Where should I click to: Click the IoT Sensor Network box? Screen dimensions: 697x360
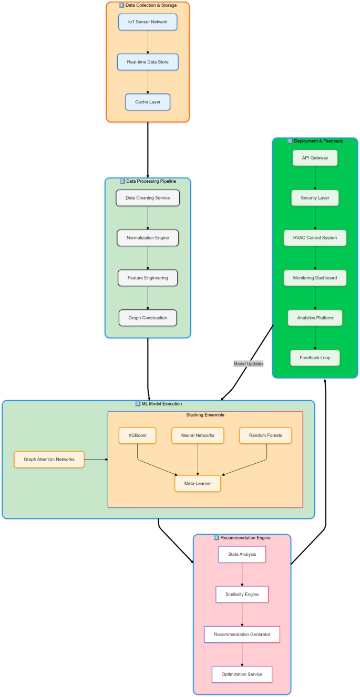point(148,22)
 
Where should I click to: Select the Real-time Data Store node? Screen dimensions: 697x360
point(148,62)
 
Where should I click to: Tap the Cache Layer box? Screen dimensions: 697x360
point(148,102)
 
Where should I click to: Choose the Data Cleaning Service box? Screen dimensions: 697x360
point(148,198)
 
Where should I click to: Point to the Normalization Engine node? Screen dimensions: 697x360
point(148,238)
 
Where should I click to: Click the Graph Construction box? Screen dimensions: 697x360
point(148,318)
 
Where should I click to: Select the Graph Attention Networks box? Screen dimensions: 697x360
point(49,460)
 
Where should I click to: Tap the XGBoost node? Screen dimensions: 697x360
point(137,435)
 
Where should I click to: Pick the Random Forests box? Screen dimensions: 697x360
point(265,435)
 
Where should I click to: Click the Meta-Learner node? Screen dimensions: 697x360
point(198,483)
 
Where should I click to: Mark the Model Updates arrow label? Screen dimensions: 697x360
point(249,363)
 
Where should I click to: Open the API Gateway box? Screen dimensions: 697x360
point(315,158)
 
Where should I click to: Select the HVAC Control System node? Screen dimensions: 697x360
point(315,238)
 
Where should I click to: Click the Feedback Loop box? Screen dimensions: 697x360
point(315,358)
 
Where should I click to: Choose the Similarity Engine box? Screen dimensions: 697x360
point(242,595)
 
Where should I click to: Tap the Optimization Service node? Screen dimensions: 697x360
point(242,674)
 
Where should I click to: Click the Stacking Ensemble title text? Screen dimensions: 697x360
point(205,415)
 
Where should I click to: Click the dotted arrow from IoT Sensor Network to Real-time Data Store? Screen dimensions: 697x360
point(148,42)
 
